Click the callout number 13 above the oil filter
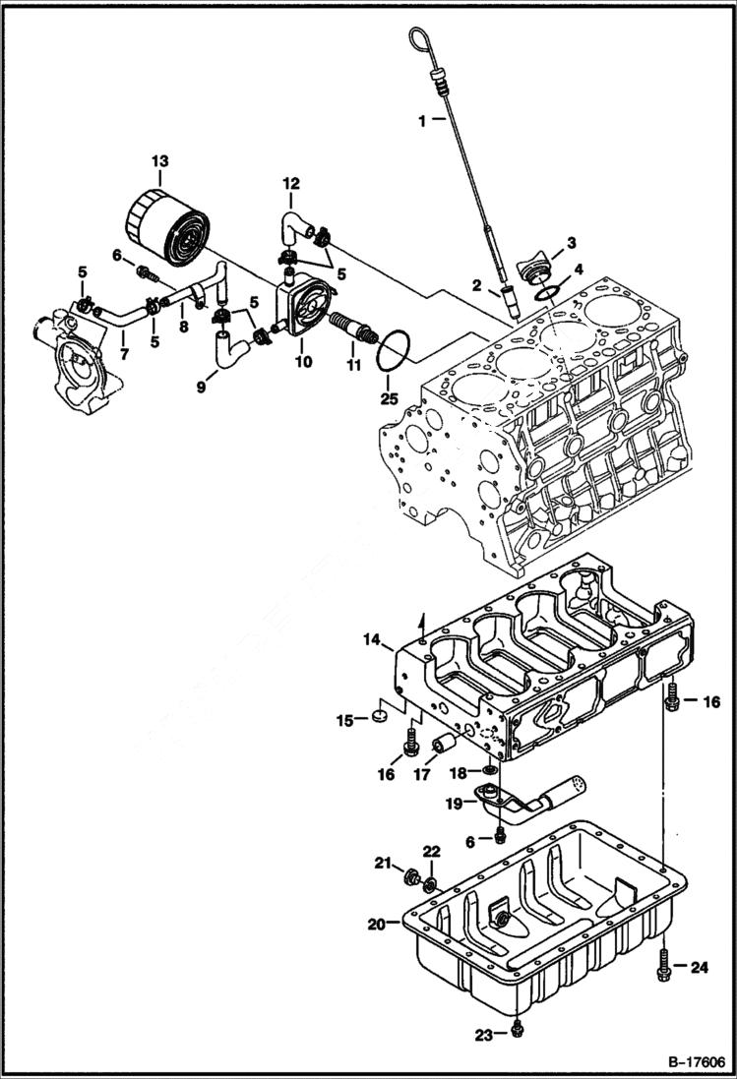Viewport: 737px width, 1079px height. tap(159, 161)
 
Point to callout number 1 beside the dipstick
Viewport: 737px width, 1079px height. tap(421, 122)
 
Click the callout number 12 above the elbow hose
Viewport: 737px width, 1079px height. tap(290, 184)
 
